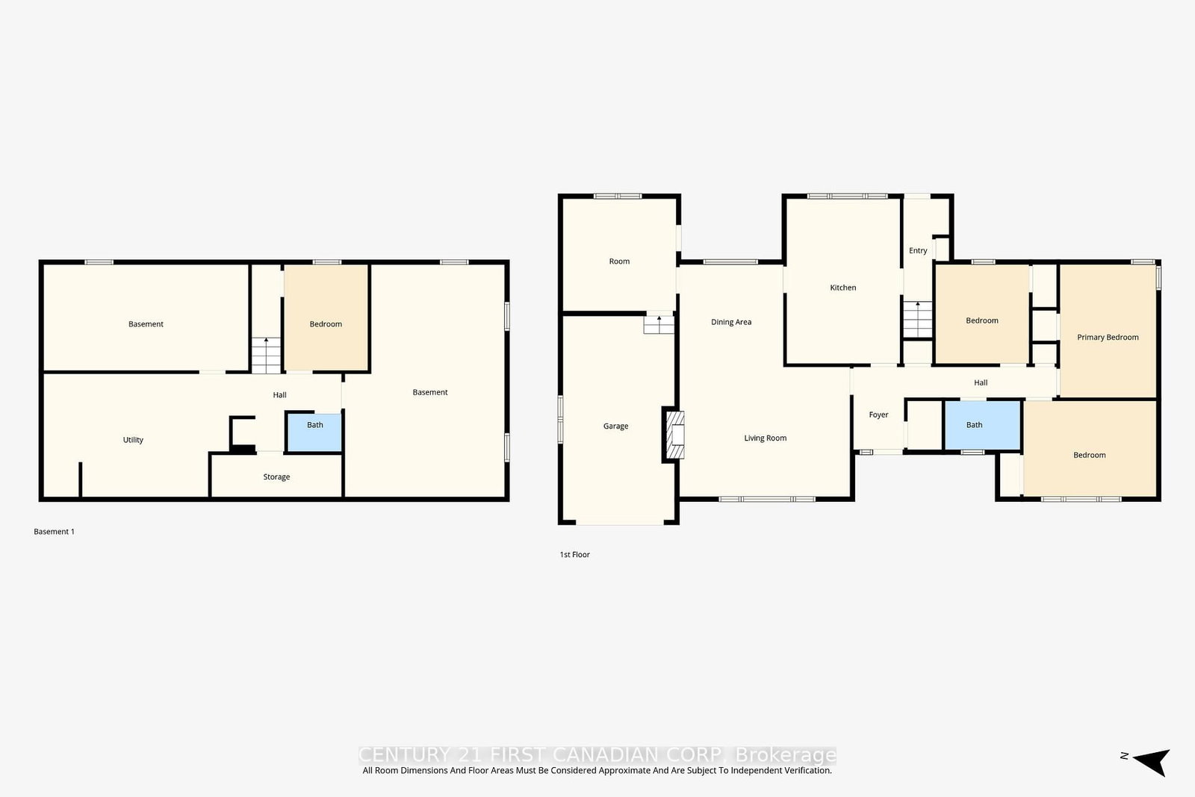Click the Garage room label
pos(615,426)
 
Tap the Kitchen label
pos(843,288)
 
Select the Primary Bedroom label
pos(1108,337)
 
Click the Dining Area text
pos(731,322)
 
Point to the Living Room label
pos(765,438)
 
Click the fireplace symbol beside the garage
pos(675,434)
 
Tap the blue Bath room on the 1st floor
pos(983,425)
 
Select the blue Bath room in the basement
pos(314,432)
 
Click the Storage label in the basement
pos(276,477)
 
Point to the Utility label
pos(133,439)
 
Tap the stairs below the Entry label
pos(918,320)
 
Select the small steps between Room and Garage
pos(659,325)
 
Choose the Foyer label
pos(878,415)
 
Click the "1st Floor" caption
pos(574,555)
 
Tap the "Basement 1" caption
pos(54,531)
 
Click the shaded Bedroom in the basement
pos(326,318)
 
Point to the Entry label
pos(918,250)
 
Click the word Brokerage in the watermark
pos(785,755)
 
